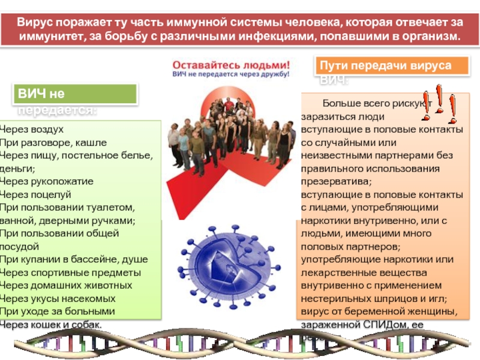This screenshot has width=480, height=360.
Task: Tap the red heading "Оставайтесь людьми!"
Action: tap(231, 64)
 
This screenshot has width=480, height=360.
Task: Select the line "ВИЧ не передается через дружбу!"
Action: tap(231, 75)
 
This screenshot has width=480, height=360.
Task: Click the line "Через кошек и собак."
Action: tap(50, 325)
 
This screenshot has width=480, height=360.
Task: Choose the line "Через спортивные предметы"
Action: tap(70, 272)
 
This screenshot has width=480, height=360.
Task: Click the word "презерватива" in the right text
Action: tap(336, 181)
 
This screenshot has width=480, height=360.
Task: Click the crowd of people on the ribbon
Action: tap(231, 135)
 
